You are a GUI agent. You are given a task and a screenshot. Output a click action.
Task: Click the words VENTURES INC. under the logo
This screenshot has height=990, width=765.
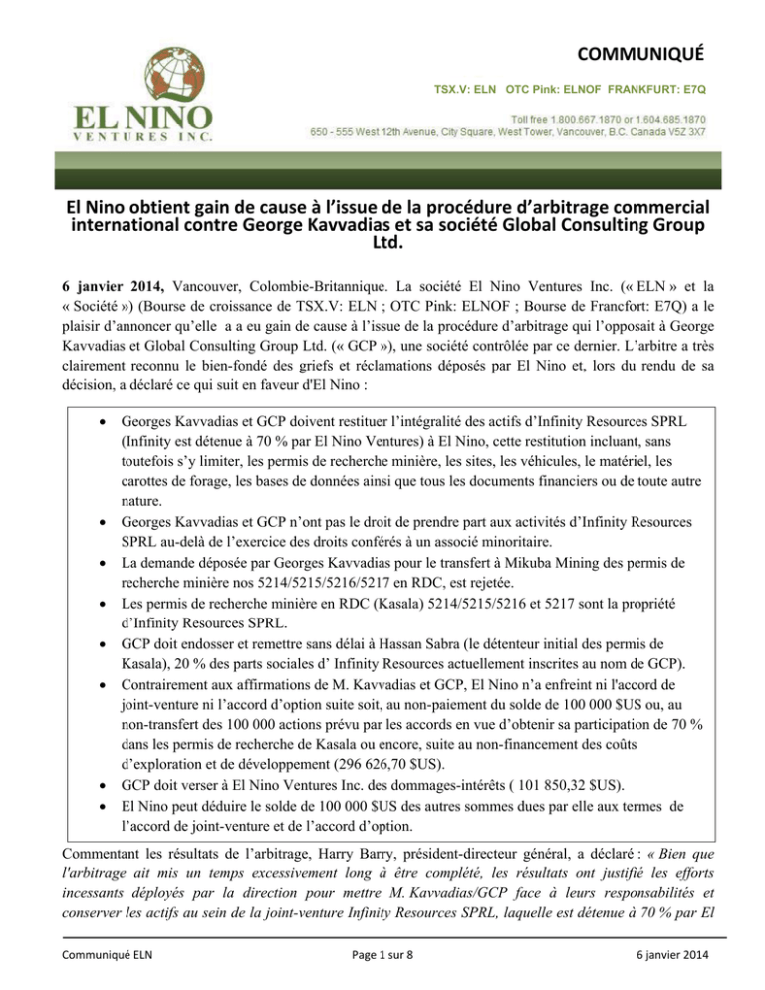click(x=138, y=137)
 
